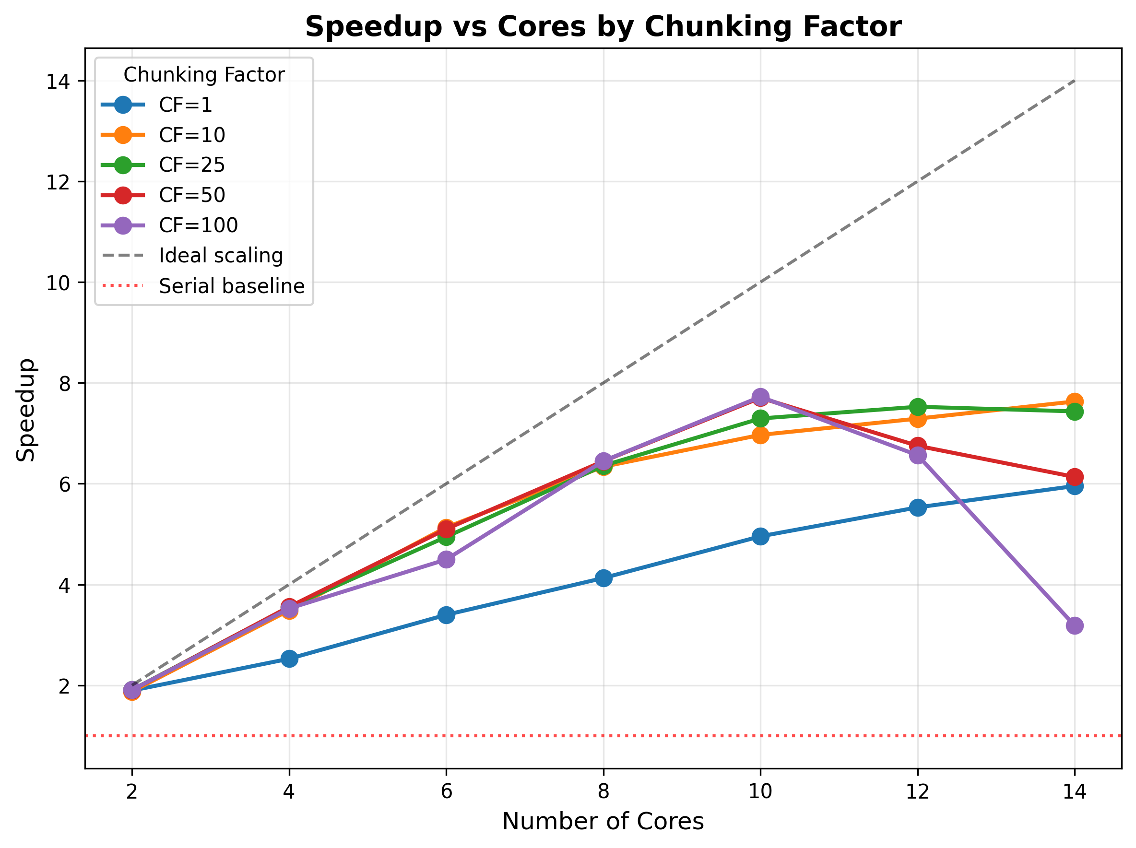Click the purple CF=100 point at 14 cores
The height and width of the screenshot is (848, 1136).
1074,626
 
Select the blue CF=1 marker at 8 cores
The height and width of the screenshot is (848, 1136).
603,578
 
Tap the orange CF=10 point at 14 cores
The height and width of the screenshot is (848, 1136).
1074,401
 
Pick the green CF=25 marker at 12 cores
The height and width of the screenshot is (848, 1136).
917,407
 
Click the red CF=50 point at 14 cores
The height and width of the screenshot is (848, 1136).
1074,477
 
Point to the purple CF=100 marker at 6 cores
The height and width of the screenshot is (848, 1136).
446,559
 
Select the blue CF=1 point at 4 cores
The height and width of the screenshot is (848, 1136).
289,658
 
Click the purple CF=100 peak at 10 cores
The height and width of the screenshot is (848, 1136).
760,397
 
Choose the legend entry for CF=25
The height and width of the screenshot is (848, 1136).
191,165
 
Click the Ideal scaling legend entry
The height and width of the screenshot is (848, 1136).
221,255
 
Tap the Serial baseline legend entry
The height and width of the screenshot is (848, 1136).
232,286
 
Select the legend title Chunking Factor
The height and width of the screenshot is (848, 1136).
204,75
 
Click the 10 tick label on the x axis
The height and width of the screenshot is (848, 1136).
760,792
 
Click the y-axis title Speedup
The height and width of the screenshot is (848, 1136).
26,410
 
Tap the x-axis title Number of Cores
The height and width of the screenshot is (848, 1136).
603,821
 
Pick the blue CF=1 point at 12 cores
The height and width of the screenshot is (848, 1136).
917,507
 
